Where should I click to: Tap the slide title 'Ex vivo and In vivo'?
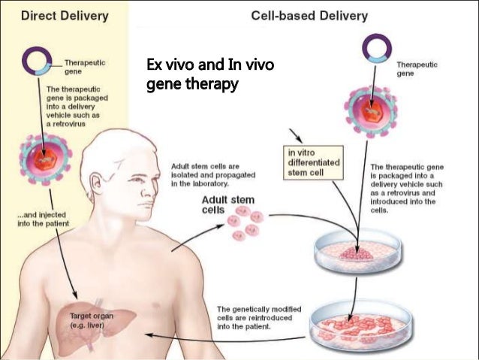coord(209,68)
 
